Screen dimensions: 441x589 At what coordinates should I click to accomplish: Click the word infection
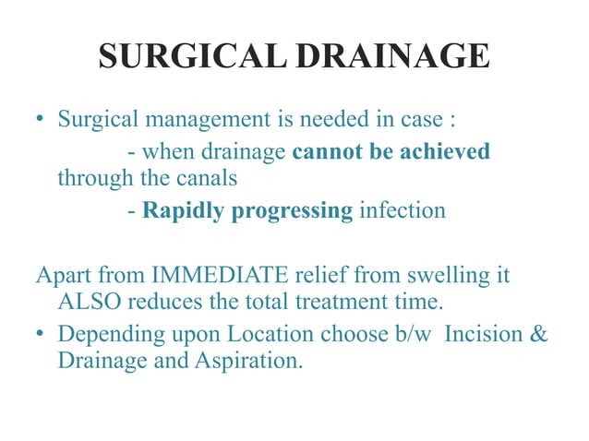click(x=403, y=211)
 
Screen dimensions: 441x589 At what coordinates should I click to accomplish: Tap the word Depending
click(x=103, y=331)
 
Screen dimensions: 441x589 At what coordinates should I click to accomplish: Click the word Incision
click(x=485, y=331)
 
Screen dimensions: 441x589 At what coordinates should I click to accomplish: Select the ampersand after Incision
click(x=540, y=331)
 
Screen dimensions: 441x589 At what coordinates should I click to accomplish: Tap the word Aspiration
click(x=246, y=360)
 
